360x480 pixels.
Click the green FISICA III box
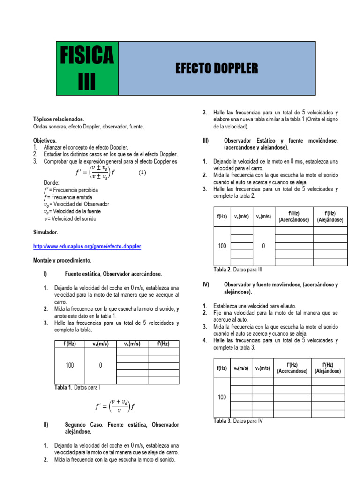[x=87, y=68]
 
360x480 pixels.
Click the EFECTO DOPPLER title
[x=217, y=68]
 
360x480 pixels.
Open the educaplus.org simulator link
[x=87, y=246]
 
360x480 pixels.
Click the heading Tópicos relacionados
[x=59, y=120]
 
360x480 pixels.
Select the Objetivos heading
[x=45, y=140]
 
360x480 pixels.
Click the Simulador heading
[x=46, y=232]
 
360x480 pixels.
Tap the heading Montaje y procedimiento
[x=62, y=260]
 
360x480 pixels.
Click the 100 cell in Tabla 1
[x=70, y=365]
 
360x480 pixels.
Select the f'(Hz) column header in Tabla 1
[x=164, y=344]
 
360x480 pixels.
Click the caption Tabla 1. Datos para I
[x=78, y=388]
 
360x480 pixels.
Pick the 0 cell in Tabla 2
[x=263, y=246]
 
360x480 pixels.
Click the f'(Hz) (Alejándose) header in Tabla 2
[x=330, y=217]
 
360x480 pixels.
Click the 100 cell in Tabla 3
[x=222, y=397]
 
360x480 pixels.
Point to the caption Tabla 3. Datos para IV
[x=238, y=421]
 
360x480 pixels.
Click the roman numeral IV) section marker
[x=206, y=285]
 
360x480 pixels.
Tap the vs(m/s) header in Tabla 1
[x=100, y=344]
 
